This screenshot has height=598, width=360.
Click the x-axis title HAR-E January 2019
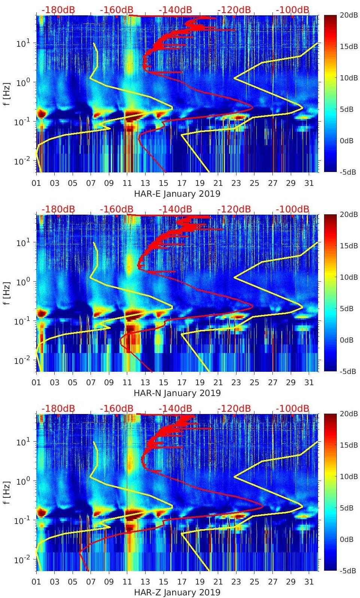tap(177, 194)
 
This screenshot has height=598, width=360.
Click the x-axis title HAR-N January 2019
tap(177, 393)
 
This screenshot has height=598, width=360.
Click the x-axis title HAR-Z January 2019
tap(177, 592)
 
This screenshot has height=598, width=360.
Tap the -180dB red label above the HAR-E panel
tap(58, 10)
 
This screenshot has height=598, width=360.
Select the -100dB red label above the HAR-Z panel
tap(293, 408)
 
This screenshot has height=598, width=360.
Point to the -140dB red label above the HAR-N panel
tap(175, 209)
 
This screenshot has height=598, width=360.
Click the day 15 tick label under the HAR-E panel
tap(164, 183)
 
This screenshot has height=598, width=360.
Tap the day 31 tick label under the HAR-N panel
tap(309, 383)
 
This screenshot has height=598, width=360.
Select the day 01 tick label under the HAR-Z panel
tap(37, 582)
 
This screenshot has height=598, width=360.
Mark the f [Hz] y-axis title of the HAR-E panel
tap(7, 93)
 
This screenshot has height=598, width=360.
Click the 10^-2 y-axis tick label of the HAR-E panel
tap(21, 161)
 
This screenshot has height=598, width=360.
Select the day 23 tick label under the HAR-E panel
tap(236, 183)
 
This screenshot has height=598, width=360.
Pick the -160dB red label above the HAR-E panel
tap(117, 10)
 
